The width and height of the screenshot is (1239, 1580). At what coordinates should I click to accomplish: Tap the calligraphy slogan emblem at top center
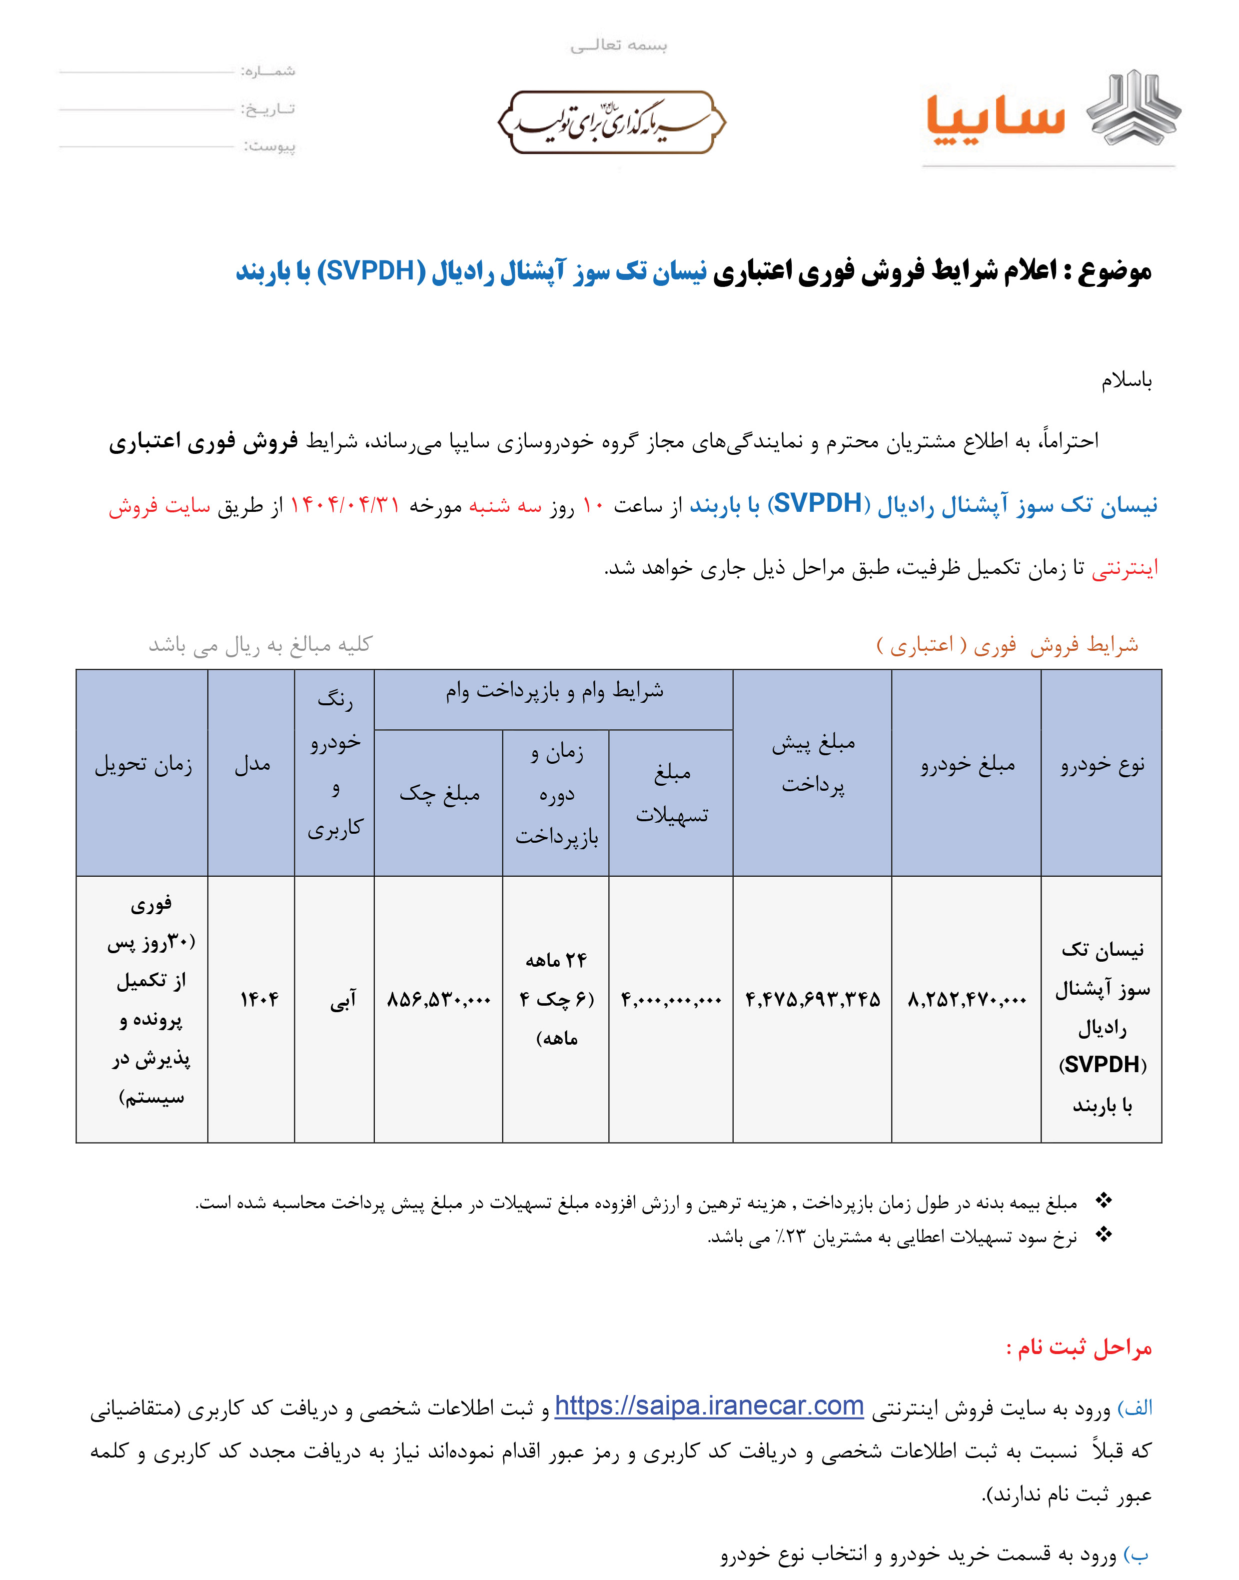point(612,122)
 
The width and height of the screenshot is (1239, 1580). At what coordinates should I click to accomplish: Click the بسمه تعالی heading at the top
point(618,45)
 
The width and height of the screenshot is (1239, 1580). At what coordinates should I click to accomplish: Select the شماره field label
point(268,71)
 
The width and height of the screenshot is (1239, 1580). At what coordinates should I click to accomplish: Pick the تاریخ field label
point(268,109)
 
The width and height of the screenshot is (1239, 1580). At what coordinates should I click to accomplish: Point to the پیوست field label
point(270,146)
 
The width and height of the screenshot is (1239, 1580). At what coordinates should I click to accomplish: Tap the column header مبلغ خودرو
point(968,765)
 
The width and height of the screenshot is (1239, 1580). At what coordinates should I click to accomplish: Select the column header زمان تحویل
point(143,765)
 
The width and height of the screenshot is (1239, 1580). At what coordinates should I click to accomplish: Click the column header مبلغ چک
point(440,794)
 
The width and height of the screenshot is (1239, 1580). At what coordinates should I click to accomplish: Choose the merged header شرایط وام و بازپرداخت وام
point(554,691)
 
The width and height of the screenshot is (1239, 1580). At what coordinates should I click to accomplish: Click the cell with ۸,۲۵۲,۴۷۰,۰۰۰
point(967,1000)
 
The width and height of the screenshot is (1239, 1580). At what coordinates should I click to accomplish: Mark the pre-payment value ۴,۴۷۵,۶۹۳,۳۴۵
point(813,1000)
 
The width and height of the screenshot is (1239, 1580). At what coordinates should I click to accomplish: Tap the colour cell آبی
point(342,1000)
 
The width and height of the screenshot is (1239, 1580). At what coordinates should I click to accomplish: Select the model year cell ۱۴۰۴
point(259,1000)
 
